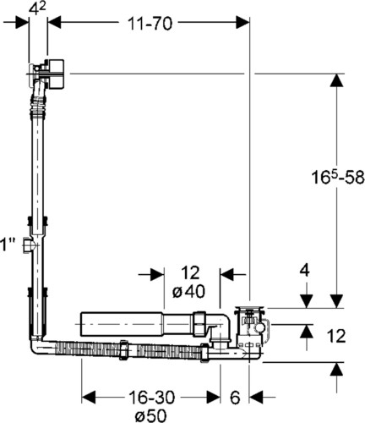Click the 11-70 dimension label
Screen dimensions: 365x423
(150, 24)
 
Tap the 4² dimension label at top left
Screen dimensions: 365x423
(38, 8)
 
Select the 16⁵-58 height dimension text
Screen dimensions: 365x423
(338, 178)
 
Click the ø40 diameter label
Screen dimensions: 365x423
(188, 292)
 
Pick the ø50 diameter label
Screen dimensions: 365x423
(150, 415)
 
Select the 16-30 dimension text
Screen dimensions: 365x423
(151, 398)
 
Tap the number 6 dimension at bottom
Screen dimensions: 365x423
(235, 398)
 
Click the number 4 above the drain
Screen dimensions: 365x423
(305, 271)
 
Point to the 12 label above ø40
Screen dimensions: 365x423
(190, 272)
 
